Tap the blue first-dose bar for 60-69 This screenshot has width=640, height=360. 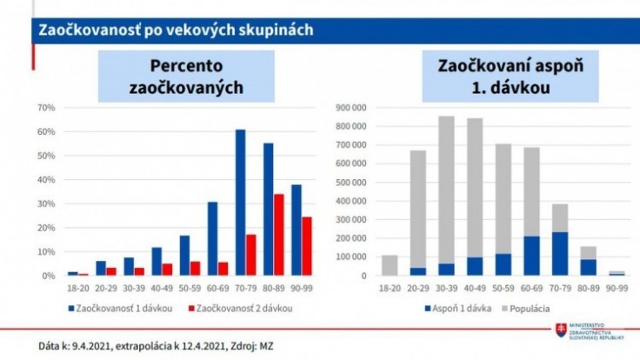pos(211,238)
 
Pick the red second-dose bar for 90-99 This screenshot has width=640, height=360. pos(306,246)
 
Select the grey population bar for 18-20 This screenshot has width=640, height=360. pos(365,265)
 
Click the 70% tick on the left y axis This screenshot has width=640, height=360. pos(46,108)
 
